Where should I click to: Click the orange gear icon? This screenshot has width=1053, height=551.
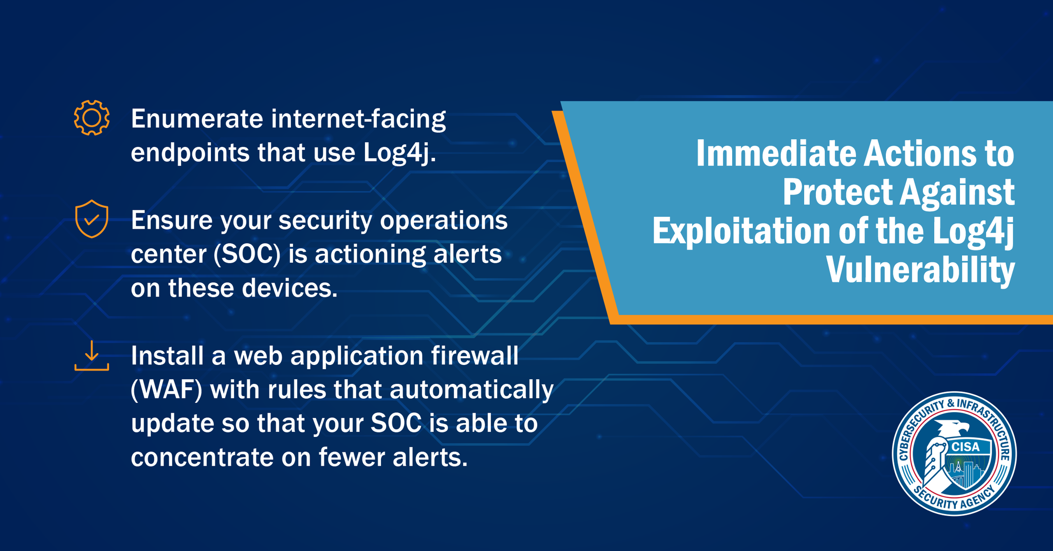tap(92, 118)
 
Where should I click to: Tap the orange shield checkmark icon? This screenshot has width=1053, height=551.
tap(92, 219)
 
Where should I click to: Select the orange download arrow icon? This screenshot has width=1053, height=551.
tap(92, 356)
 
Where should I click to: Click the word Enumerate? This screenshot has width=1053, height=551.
tap(197, 119)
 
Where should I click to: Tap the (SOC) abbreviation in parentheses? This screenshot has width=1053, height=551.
tap(247, 254)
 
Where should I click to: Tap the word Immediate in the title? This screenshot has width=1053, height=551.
tap(776, 154)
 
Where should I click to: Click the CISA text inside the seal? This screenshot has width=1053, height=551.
tap(966, 447)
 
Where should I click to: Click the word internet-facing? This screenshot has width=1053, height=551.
tap(358, 120)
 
